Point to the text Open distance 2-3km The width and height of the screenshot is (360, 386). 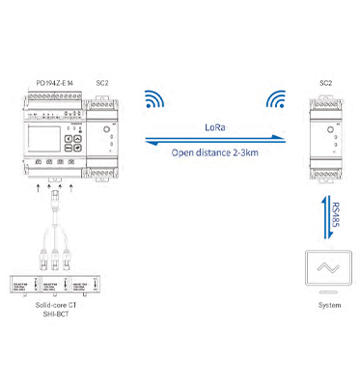(217, 151)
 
